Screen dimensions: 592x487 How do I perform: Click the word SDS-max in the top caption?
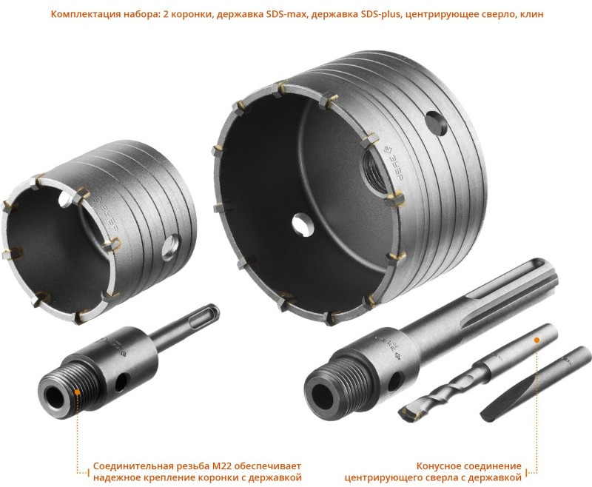pyautogui.click(x=285, y=14)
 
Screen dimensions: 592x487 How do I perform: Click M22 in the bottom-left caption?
pyautogui.click(x=221, y=466)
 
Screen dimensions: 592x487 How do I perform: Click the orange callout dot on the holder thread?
pyautogui.click(x=77, y=392)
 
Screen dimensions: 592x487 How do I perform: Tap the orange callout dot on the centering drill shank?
pyautogui.click(x=536, y=340)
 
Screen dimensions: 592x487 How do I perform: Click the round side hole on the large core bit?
pyautogui.click(x=436, y=124)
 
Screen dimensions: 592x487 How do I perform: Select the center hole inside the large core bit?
pyautogui.click(x=303, y=225)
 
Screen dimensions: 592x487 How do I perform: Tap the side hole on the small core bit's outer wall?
pyautogui.click(x=171, y=247)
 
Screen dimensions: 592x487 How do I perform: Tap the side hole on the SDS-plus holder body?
pyautogui.click(x=121, y=382)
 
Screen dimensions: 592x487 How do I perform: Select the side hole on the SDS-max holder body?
pyautogui.click(x=395, y=381)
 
